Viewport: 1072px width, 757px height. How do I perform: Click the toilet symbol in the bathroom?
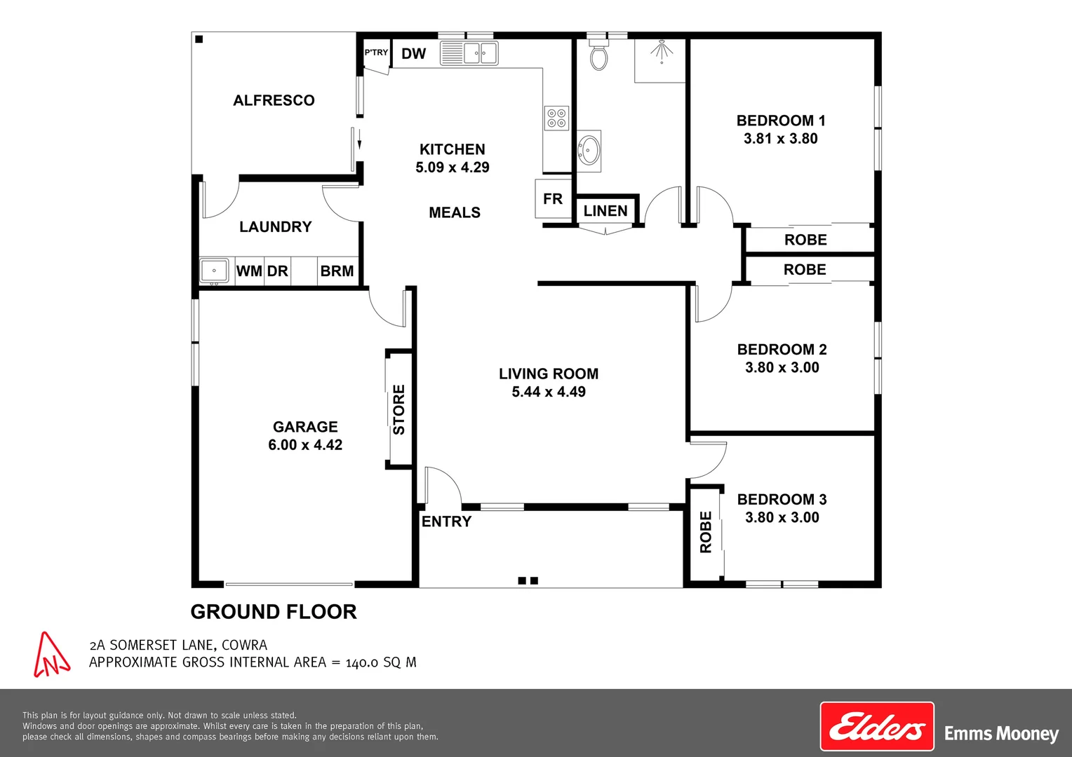coord(598,55)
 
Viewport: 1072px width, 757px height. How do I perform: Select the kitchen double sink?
coord(469,53)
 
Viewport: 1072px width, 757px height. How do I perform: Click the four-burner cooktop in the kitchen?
coord(556,118)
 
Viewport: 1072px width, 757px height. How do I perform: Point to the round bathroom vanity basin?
coord(589,148)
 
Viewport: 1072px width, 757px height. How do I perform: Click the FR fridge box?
coord(553,199)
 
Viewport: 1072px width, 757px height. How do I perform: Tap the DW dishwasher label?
coord(414,54)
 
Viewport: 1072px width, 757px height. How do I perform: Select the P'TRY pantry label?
coord(376,53)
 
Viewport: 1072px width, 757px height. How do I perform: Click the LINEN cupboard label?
coord(605,211)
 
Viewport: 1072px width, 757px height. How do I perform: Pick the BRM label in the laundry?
coord(337,271)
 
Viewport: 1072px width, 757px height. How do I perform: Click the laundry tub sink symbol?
coord(214,271)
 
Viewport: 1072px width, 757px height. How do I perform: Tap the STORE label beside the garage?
coord(399,409)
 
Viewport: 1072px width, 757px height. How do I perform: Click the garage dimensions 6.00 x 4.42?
coord(305,445)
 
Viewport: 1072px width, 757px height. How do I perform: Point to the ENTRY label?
coord(446,521)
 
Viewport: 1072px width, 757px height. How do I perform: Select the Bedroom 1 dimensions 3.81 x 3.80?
coord(781,139)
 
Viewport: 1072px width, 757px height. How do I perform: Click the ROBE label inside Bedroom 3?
coord(706,533)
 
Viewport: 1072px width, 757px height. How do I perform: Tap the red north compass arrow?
coord(51,655)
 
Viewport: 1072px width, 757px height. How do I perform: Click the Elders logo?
coord(877,727)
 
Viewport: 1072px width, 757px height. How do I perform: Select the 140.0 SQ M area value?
coord(381,662)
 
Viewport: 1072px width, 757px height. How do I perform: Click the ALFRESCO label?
coord(274,100)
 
